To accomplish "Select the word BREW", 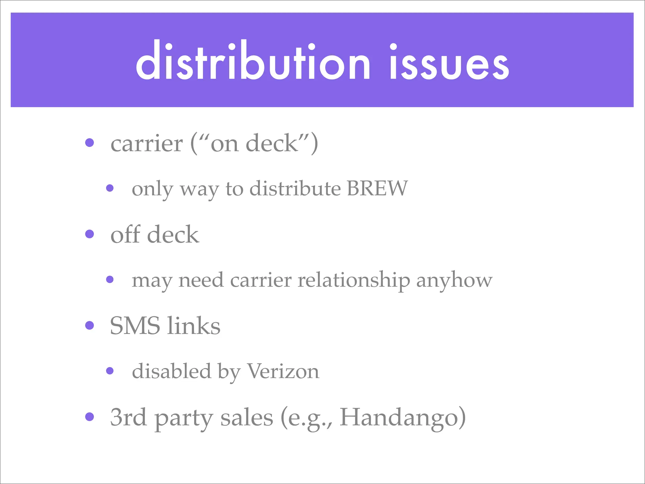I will [377, 188].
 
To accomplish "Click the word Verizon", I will [283, 371].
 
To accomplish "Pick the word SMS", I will [135, 326].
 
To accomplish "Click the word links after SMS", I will [194, 326].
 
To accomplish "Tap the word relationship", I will [354, 280].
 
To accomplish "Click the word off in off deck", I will [125, 234].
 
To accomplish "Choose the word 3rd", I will [128, 417].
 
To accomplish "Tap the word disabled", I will [171, 371].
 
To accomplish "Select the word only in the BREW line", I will [152, 189].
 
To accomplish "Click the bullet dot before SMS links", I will [90, 325].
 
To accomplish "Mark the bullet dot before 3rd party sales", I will [90, 417].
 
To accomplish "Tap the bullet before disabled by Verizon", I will [110, 371].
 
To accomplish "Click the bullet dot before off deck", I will [90, 234].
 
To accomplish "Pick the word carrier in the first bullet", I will [146, 144].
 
